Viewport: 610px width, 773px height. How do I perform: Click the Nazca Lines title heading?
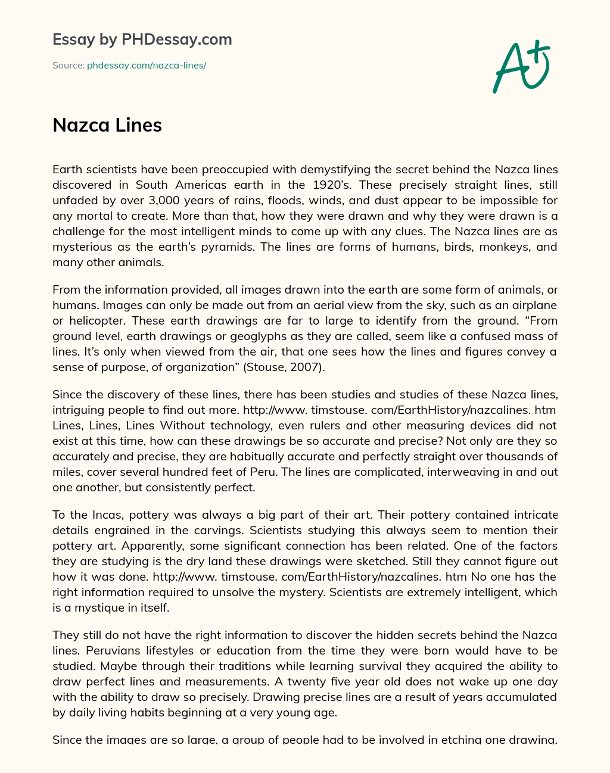pyautogui.click(x=107, y=125)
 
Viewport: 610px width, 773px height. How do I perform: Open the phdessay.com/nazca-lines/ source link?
pyautogui.click(x=147, y=66)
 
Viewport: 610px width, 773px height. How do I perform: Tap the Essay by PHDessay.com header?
pyautogui.click(x=142, y=39)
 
